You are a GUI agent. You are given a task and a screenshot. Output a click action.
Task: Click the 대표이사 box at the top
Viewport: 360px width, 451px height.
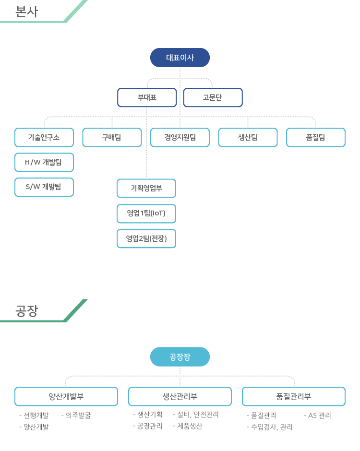(x=180, y=58)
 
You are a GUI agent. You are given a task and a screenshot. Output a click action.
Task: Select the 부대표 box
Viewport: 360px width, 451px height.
(x=147, y=97)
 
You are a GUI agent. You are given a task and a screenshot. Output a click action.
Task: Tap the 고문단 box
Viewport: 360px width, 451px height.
(x=213, y=97)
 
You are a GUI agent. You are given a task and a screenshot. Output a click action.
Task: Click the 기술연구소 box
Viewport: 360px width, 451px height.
(x=44, y=138)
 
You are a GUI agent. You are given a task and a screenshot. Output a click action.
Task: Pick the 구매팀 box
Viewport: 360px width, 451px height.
(x=112, y=138)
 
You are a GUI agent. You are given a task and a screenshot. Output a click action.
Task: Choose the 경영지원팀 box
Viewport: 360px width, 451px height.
(x=180, y=138)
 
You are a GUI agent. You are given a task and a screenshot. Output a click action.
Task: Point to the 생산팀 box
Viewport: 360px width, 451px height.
(x=248, y=138)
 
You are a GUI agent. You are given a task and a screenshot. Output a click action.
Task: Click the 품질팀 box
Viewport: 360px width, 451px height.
(x=316, y=138)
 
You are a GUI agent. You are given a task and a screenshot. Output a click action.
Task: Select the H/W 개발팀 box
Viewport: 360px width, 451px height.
(x=44, y=162)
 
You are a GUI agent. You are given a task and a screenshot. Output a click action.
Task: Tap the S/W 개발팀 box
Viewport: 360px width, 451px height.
(x=44, y=187)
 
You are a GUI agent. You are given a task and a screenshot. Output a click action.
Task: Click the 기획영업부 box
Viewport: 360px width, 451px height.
(x=146, y=189)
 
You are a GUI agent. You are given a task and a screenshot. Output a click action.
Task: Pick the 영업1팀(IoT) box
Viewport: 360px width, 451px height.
(x=146, y=214)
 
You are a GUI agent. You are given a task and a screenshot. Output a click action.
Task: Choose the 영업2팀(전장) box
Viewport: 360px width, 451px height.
(x=146, y=238)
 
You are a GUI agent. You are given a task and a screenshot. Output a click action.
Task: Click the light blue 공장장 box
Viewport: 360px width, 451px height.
(x=180, y=356)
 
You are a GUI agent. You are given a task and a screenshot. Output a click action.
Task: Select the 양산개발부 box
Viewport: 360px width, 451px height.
(x=66, y=397)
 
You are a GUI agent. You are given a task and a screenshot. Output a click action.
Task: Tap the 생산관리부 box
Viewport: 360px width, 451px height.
(x=180, y=397)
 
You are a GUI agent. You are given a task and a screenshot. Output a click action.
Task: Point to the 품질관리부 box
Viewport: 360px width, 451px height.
(x=294, y=397)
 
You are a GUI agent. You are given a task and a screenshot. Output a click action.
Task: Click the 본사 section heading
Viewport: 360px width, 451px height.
(x=26, y=12)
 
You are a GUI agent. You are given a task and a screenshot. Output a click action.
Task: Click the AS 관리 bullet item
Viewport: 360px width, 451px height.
(x=317, y=415)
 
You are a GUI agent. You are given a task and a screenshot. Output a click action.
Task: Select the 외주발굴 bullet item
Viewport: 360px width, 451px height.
(x=76, y=415)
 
